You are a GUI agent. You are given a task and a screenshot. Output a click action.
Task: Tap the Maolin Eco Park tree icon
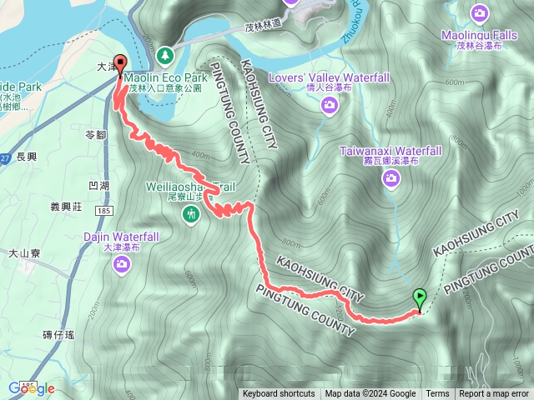tap(165, 55)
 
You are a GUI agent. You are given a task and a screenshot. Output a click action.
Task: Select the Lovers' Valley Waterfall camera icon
tap(330, 104)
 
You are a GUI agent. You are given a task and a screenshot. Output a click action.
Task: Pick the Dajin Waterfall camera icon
tap(122, 265)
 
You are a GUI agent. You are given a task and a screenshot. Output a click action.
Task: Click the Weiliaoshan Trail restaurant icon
tap(192, 215)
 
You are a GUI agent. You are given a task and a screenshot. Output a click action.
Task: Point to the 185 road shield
tap(103, 212)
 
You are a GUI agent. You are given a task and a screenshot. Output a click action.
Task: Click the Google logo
tap(32, 388)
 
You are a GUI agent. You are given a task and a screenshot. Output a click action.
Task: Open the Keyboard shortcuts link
tap(279, 394)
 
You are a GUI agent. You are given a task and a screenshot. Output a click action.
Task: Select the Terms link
tap(437, 394)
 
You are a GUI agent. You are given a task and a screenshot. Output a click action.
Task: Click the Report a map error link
tap(494, 394)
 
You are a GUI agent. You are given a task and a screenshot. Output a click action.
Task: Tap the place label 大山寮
tap(25, 252)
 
